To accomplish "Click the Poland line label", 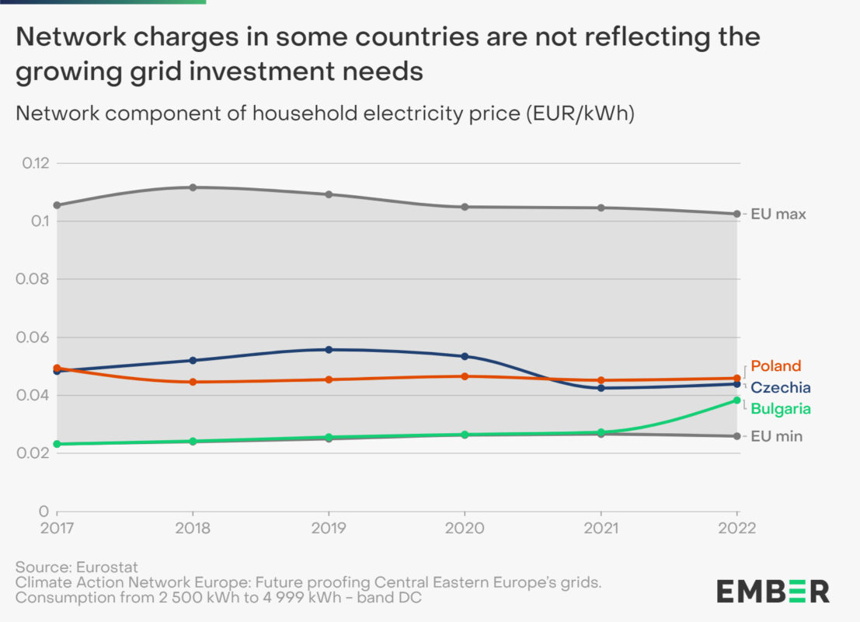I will click(x=775, y=366).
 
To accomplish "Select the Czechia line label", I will click(x=781, y=387).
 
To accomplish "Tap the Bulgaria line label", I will click(x=781, y=409).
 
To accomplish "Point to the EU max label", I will click(x=778, y=214).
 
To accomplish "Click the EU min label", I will click(x=776, y=436).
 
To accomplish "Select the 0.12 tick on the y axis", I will click(x=35, y=163).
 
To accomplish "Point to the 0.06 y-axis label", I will click(x=35, y=337).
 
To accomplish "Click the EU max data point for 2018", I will click(x=193, y=187).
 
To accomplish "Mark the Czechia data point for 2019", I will click(x=329, y=350).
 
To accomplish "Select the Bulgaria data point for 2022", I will click(x=736, y=400).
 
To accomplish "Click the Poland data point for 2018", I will click(x=193, y=382).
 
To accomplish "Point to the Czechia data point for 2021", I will click(x=601, y=388).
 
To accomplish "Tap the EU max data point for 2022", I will click(x=736, y=214).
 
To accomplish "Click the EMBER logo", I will click(x=772, y=590).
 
